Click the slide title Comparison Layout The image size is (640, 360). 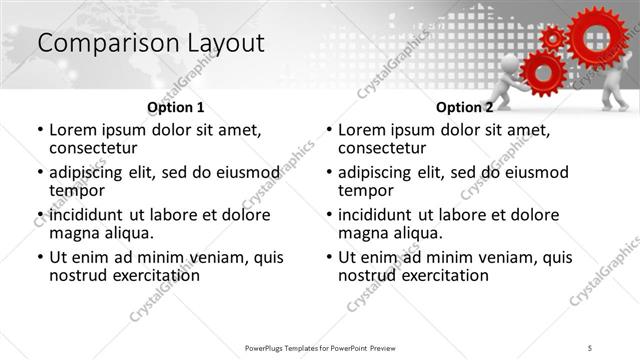[150, 44]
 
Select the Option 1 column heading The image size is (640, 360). [175, 107]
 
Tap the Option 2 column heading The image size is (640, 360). [464, 107]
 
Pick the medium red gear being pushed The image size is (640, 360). [543, 73]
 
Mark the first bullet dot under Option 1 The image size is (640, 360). [39, 130]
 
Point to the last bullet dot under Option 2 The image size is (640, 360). [329, 257]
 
